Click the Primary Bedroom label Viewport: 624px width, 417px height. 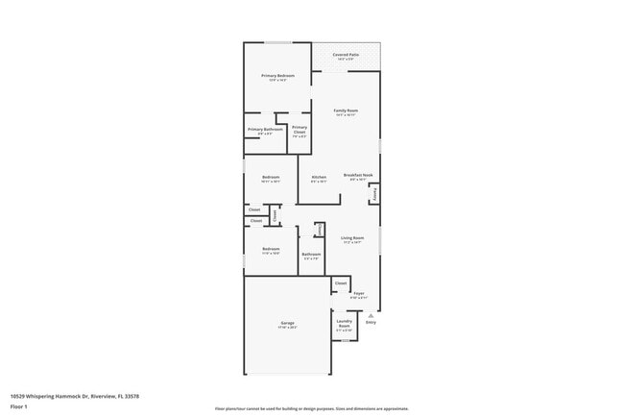[277, 75]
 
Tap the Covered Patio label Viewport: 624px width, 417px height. [347, 56]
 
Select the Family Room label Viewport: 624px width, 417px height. [346, 111]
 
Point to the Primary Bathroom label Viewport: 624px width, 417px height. [264, 130]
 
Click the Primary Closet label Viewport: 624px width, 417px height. [300, 130]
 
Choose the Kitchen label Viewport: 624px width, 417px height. [319, 177]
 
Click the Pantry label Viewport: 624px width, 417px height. [374, 193]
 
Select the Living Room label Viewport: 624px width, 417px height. [352, 237]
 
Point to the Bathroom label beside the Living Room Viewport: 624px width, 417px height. [311, 254]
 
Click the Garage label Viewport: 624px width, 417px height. [287, 323]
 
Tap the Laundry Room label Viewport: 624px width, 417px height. [344, 323]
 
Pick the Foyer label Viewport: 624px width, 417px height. [359, 293]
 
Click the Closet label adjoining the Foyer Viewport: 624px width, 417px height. [341, 283]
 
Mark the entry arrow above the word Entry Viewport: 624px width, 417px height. [371, 317]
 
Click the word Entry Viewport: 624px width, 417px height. [371, 324]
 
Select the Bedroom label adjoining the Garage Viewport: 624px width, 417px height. [271, 249]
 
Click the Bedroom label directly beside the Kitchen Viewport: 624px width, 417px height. [271, 177]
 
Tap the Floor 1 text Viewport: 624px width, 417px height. [18, 407]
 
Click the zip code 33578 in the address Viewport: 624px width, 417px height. [132, 396]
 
